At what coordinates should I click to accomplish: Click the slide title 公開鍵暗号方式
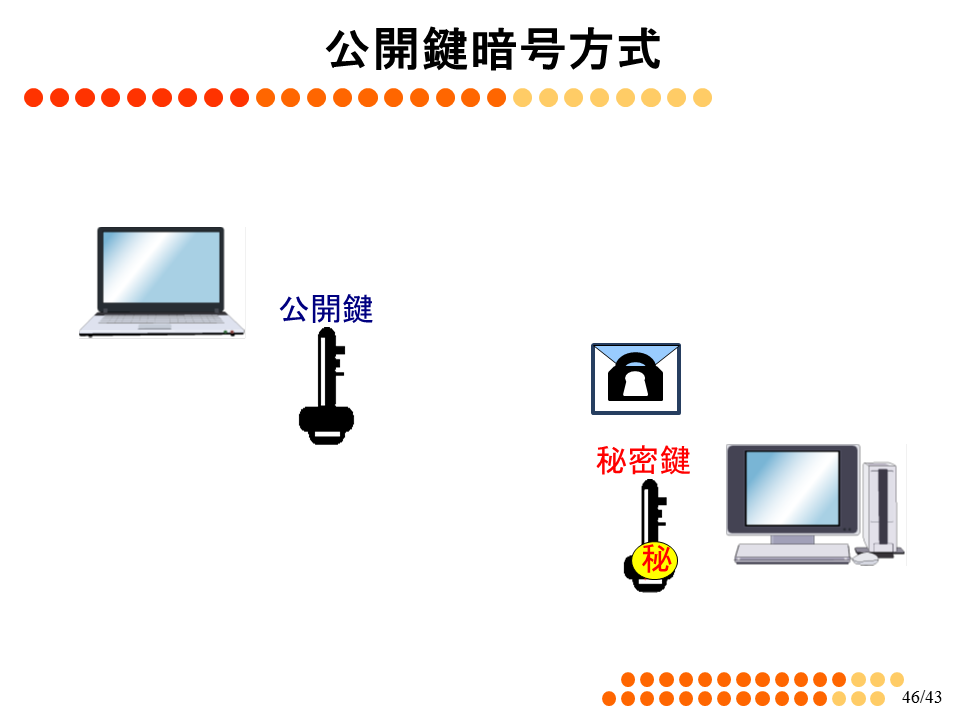click(493, 49)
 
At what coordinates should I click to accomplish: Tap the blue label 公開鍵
click(326, 308)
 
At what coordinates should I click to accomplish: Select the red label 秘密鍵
click(643, 460)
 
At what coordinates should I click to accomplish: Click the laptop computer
click(162, 282)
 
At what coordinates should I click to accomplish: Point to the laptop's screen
click(161, 267)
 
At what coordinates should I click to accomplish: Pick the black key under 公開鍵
click(326, 386)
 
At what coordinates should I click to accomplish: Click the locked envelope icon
click(636, 379)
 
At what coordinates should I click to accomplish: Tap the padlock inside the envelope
click(636, 376)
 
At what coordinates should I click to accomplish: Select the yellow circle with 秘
click(655, 560)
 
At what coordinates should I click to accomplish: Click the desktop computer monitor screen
click(792, 488)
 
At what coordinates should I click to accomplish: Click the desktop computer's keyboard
click(792, 553)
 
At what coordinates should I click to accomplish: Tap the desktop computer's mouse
click(865, 558)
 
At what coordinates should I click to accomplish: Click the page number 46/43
click(922, 697)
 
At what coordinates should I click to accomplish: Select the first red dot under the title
click(34, 97)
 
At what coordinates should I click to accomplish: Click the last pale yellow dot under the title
click(702, 97)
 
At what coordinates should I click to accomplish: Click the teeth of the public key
click(340, 361)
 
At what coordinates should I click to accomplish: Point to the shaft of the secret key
click(649, 511)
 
